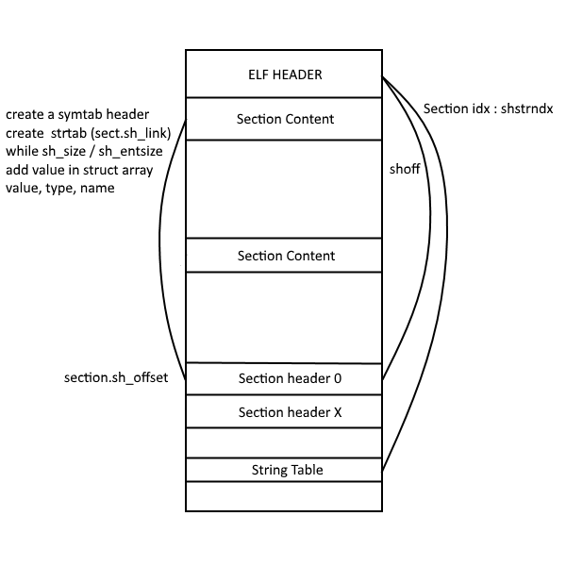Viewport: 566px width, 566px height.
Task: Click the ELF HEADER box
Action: (x=285, y=74)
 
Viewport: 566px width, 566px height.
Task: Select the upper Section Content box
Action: (x=285, y=120)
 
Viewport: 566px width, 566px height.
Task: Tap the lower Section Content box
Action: (x=285, y=256)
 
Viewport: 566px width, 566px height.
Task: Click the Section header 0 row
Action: (x=285, y=379)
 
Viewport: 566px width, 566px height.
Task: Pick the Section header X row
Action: (x=285, y=412)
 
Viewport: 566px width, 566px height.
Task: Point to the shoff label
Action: (x=405, y=170)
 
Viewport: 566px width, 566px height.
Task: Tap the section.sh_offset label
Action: (x=116, y=378)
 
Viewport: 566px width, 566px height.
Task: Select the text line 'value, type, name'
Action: (x=59, y=188)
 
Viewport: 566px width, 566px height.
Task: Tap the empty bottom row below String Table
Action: (x=285, y=496)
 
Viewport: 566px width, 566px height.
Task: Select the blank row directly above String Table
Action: (x=285, y=443)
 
